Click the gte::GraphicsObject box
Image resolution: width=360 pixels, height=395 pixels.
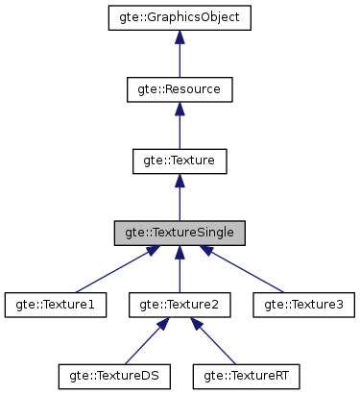[180, 17]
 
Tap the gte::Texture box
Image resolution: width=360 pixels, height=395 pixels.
[180, 161]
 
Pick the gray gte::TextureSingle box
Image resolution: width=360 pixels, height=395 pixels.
[180, 233]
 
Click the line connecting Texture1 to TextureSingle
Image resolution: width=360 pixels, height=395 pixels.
[110, 271]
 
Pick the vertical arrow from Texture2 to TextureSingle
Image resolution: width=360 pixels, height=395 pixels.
[180, 274]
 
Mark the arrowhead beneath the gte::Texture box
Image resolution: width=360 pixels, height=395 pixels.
[180, 182]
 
